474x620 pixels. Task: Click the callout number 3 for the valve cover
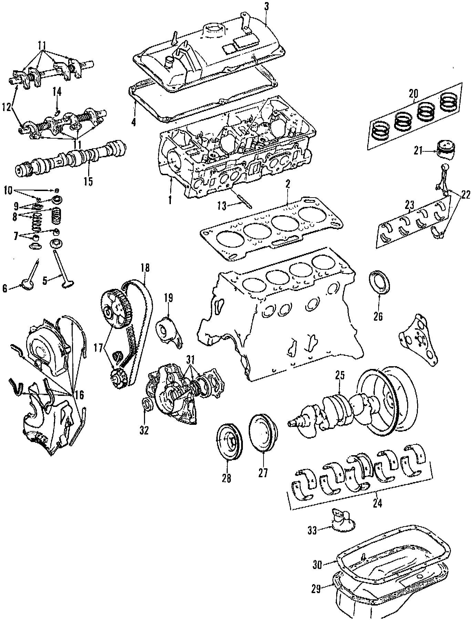(267, 6)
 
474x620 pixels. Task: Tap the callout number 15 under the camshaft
(88, 181)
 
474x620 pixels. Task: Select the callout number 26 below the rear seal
(378, 316)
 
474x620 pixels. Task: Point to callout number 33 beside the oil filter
(312, 530)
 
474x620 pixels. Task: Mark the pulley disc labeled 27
(263, 432)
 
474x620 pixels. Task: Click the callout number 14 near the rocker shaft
(57, 92)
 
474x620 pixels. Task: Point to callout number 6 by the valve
(5, 289)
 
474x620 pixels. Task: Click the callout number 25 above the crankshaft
(340, 376)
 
